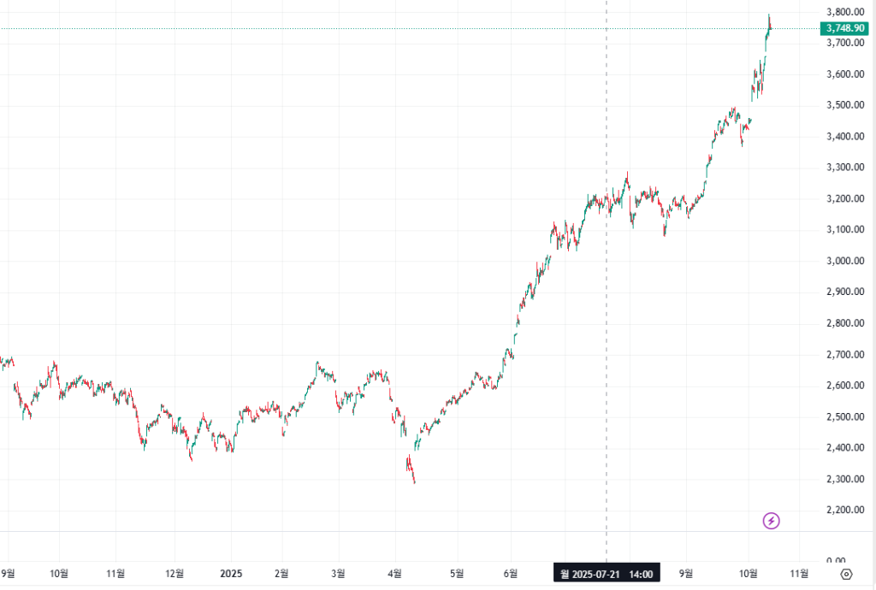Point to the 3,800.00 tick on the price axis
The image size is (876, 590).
[843, 12]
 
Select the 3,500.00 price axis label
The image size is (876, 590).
[843, 105]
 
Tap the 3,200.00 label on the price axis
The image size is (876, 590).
[843, 198]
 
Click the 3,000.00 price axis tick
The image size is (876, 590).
[843, 261]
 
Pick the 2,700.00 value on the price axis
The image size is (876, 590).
[843, 354]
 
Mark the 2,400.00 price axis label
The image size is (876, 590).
[843, 447]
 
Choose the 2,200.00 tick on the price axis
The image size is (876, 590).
[843, 510]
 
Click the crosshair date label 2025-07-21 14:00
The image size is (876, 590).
[607, 574]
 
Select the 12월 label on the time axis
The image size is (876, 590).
[175, 574]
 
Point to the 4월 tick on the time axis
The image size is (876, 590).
[395, 574]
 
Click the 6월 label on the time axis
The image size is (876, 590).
[511, 574]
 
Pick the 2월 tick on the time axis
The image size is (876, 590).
[281, 574]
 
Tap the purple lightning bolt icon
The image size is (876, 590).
[772, 520]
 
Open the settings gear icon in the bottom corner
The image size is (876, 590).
[847, 574]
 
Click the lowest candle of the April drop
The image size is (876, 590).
[415, 481]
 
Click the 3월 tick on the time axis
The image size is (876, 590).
[338, 574]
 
